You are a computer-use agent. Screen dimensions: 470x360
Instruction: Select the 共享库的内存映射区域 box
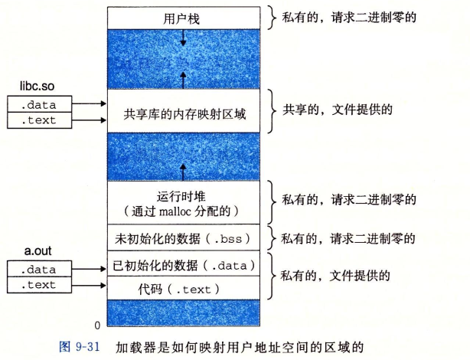pos(181,112)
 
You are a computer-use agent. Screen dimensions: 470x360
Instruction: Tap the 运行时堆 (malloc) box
pos(181,201)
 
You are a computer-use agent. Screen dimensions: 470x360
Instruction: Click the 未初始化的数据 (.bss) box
pos(181,237)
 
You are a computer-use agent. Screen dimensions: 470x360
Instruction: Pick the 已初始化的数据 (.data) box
pos(181,266)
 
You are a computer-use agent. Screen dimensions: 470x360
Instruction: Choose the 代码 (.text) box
pos(181,289)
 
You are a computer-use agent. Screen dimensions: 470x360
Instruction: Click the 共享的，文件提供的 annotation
pos(338,110)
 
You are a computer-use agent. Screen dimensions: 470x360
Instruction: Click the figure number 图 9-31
pos(80,345)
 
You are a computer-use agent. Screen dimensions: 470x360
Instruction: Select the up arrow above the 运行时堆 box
pos(182,166)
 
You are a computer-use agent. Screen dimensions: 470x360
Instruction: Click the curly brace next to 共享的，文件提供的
pos(274,111)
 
